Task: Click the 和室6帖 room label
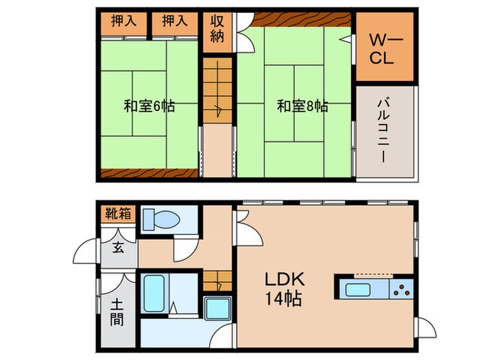149,107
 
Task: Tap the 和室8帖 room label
302,107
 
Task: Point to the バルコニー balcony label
385,130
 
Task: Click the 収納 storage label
217,31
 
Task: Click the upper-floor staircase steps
217,89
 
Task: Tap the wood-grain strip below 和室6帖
149,172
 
